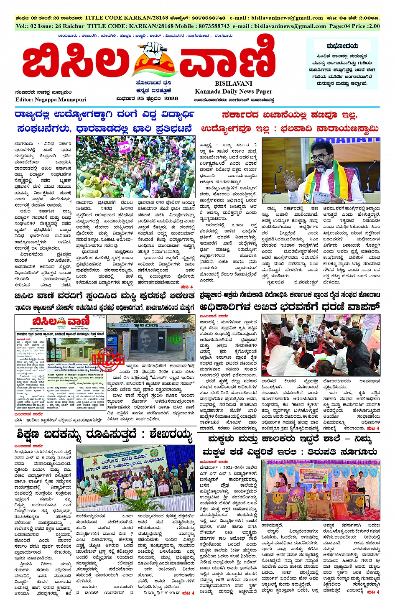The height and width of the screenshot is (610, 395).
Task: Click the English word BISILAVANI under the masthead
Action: (234, 84)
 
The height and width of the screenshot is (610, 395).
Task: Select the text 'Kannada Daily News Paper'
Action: (233, 91)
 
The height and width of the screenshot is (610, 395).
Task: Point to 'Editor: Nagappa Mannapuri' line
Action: (51, 100)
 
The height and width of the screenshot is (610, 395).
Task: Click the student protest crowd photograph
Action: (135, 166)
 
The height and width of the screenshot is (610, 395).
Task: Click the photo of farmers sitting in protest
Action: (321, 345)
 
